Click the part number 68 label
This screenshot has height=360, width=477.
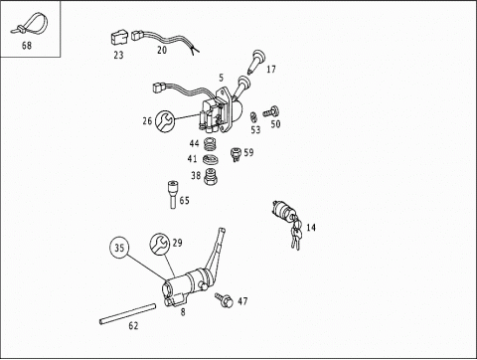coord(26,45)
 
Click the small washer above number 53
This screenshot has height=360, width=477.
coord(255,115)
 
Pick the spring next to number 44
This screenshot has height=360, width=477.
coord(210,144)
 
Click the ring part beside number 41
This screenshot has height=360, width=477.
coord(210,160)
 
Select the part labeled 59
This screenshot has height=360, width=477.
coord(236,153)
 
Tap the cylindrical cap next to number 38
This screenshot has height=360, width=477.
coord(211,177)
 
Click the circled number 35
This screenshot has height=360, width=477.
coord(120,248)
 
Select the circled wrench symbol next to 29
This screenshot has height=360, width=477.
coord(158,244)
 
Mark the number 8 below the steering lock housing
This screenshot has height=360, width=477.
coord(182,311)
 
